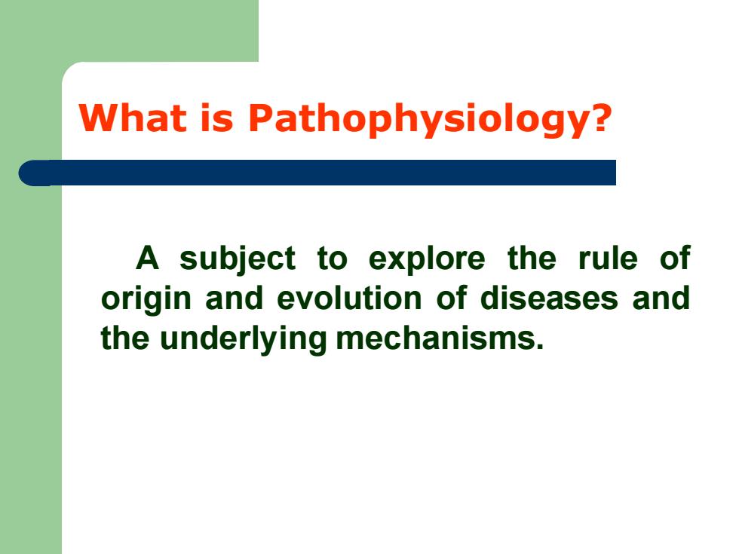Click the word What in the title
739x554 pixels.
tap(133, 118)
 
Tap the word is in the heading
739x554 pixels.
tap(217, 118)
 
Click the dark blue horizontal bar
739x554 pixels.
tap(317, 173)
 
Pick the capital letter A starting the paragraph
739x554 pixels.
tap(148, 258)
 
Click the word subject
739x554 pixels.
tap(238, 259)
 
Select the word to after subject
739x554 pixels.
tap(332, 259)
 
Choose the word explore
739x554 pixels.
tap(427, 259)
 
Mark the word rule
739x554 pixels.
tap(608, 258)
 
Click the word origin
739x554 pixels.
tap(146, 300)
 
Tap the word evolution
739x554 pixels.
tap(349, 298)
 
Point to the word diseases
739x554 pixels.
tap(549, 298)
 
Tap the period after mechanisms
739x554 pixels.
tap(540, 347)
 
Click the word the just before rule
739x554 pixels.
tap(532, 258)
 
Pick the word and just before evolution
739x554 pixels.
tap(235, 298)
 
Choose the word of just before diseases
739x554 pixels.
tap(451, 298)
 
